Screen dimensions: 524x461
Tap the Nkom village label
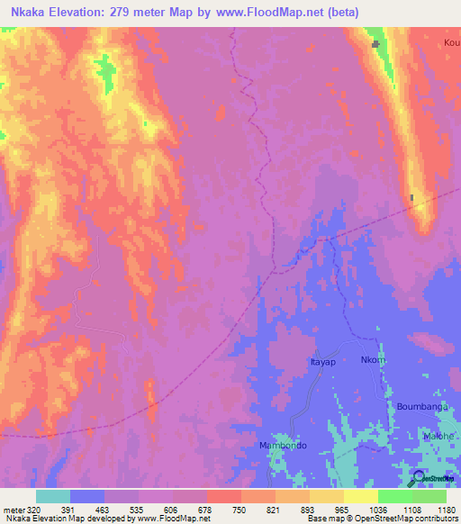373,361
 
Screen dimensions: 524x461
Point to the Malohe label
439,437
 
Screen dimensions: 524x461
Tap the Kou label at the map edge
451,42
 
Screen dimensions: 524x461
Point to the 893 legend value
309,508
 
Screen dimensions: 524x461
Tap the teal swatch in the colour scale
53,496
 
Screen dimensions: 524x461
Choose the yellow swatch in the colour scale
327,496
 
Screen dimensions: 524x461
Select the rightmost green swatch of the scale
429,496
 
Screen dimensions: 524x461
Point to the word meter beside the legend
13,508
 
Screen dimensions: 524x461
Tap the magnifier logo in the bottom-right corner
419,477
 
